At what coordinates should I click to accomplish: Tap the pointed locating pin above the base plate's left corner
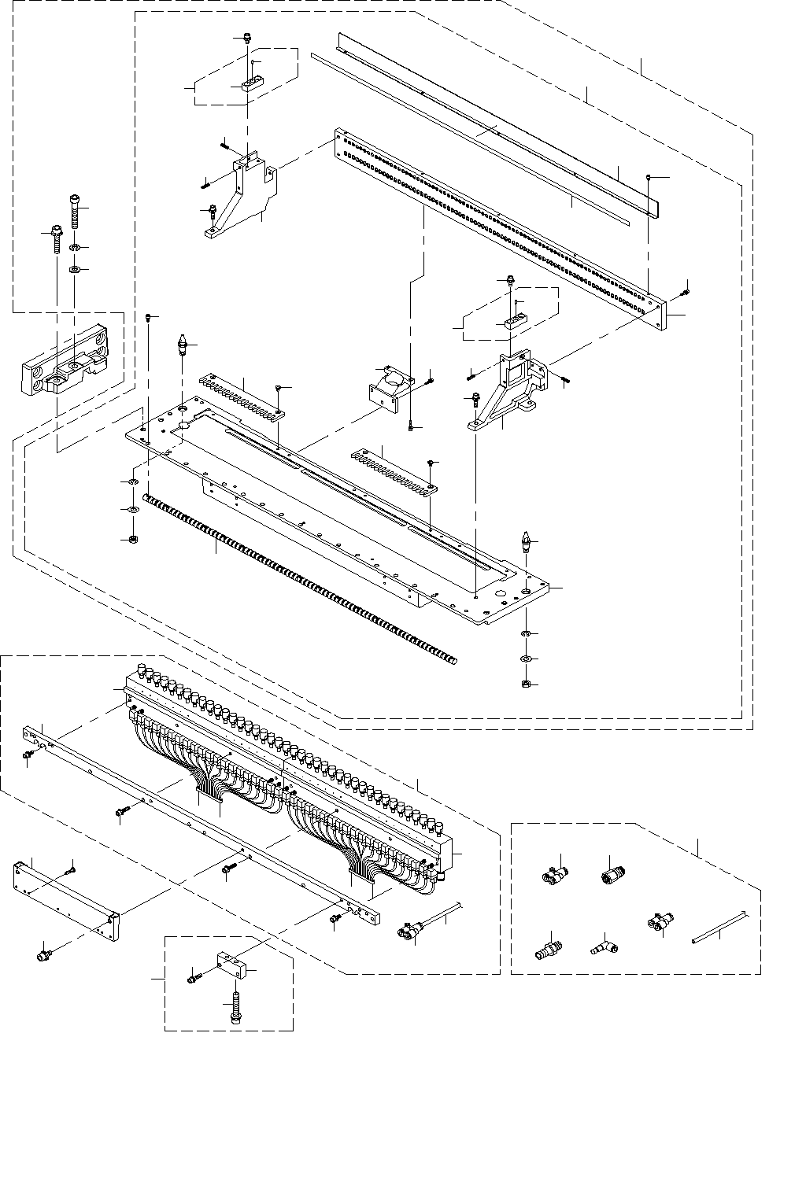pyautogui.click(x=183, y=347)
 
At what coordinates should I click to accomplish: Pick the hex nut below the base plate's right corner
pyautogui.click(x=525, y=684)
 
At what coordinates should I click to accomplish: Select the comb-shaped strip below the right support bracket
pyautogui.click(x=393, y=470)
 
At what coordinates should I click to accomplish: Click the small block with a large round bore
pyautogui.click(x=389, y=386)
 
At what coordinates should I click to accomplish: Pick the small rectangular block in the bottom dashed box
pyautogui.click(x=231, y=965)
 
